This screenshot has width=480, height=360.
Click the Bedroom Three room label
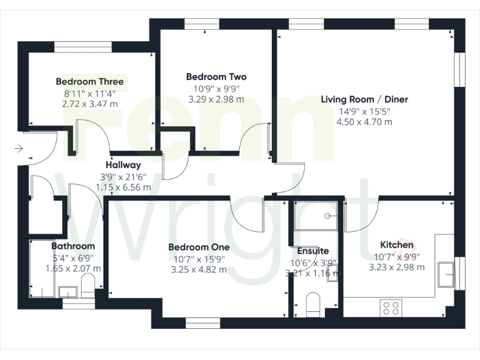tap(89, 81)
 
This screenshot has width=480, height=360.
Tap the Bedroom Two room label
tap(216, 77)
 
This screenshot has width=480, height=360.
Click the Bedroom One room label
tap(199, 247)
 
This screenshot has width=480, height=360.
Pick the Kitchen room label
tap(397, 245)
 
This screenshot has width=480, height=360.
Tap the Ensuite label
tap(313, 251)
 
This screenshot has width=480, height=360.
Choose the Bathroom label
tap(73, 246)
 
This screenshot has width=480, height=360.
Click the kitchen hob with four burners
tap(392, 307)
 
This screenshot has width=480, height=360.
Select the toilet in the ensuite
tap(312, 306)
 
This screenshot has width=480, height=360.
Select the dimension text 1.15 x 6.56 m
tap(123, 187)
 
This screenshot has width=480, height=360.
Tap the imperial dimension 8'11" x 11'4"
tap(89, 93)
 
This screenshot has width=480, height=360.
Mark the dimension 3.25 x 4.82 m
tap(199, 270)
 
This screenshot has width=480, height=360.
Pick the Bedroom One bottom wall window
tap(199, 322)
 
